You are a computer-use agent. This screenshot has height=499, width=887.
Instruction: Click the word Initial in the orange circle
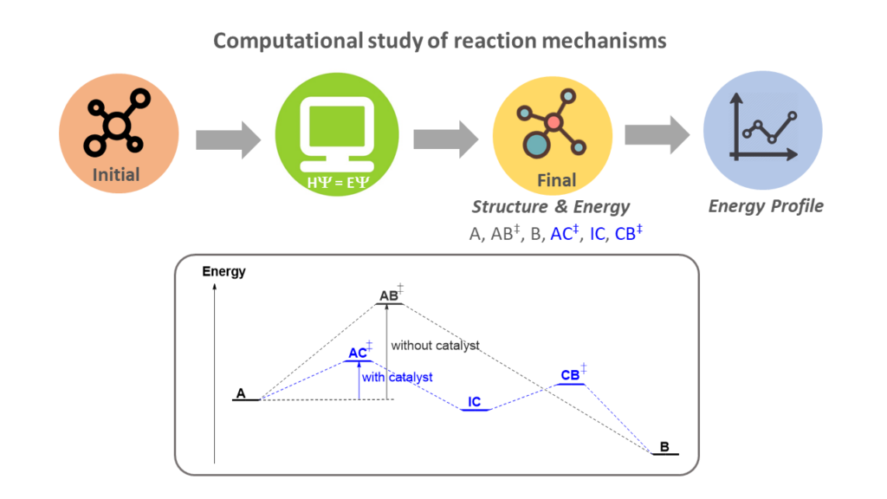(x=116, y=175)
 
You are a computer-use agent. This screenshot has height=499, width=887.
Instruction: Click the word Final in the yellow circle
(x=556, y=180)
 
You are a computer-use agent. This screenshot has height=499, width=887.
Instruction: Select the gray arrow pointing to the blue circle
(x=657, y=134)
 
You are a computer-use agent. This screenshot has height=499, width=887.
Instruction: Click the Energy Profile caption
(x=766, y=206)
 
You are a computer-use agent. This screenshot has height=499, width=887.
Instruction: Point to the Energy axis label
(x=223, y=272)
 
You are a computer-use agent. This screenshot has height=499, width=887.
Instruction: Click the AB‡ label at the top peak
(x=391, y=295)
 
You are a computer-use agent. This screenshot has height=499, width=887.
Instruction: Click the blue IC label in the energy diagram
(x=475, y=402)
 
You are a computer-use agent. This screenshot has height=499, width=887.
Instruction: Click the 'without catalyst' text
(x=435, y=346)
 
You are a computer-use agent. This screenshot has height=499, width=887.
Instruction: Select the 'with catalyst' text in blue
(x=397, y=378)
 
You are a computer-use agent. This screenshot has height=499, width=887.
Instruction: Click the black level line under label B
(x=664, y=454)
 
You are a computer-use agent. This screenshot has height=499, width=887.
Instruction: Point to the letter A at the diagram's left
(x=241, y=393)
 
